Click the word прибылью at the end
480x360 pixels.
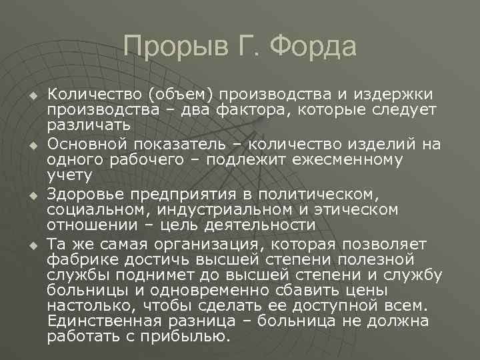tap(191, 336)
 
